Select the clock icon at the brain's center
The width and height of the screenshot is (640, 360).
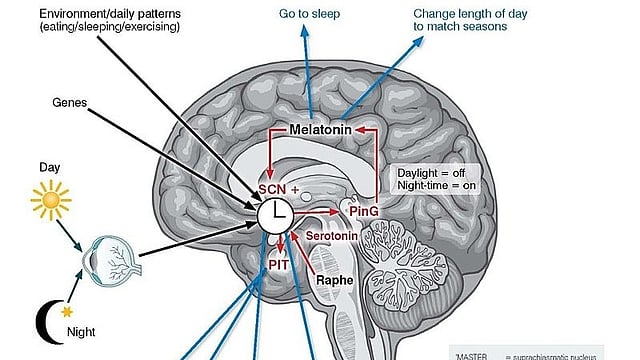click(274, 215)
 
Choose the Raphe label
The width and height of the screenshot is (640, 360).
click(336, 281)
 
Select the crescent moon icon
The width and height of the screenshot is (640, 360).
click(47, 322)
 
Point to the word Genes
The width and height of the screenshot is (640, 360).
click(70, 102)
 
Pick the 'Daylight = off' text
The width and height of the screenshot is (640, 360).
click(431, 173)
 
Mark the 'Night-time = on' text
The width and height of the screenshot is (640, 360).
click(434, 187)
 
